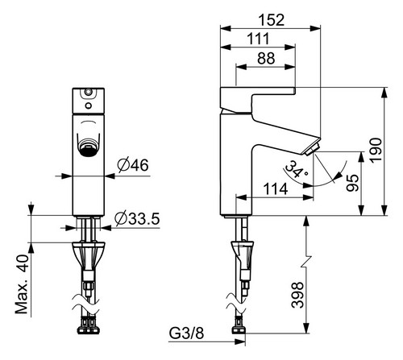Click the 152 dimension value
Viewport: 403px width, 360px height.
pos(271,20)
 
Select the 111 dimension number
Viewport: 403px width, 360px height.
pos(258,39)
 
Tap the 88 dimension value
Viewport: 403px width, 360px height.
pos(266,58)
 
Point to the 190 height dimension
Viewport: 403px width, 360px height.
pos(376,150)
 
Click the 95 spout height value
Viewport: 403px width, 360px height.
pos(352,183)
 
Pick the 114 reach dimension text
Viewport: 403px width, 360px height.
pos(276,189)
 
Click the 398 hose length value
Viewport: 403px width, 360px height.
pos(297,295)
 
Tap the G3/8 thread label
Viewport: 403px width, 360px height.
pos(186,333)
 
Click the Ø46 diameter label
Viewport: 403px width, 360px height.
pos(133,165)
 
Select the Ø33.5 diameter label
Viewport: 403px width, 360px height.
pos(137,219)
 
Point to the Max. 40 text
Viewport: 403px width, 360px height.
pos(22,284)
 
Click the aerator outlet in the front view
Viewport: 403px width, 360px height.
pos(89,147)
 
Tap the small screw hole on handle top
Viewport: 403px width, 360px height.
pos(88,92)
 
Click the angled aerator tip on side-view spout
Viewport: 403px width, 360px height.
pos(312,149)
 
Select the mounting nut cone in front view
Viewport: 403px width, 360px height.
pos(88,256)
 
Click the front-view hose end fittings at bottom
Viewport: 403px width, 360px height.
pos(89,325)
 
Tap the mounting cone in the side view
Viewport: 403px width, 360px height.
pos(242,255)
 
